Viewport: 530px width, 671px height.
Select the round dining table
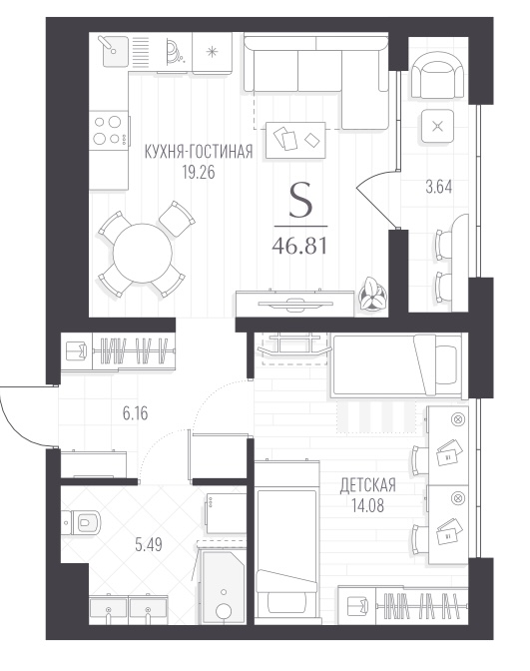click(142, 253)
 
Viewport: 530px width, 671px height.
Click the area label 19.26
click(198, 173)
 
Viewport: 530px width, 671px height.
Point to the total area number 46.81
click(299, 246)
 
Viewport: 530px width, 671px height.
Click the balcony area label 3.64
click(438, 188)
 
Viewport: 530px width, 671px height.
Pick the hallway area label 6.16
click(135, 413)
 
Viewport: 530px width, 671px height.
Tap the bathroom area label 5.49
click(149, 545)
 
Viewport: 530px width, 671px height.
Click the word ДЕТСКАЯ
click(368, 485)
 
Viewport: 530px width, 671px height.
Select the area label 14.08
click(368, 506)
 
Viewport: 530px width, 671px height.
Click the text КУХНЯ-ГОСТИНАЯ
click(199, 152)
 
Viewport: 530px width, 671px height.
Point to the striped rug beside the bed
click(376, 416)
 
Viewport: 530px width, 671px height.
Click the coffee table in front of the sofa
click(295, 140)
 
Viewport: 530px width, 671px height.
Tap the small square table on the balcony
click(437, 126)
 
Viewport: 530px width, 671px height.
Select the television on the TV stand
click(295, 303)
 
